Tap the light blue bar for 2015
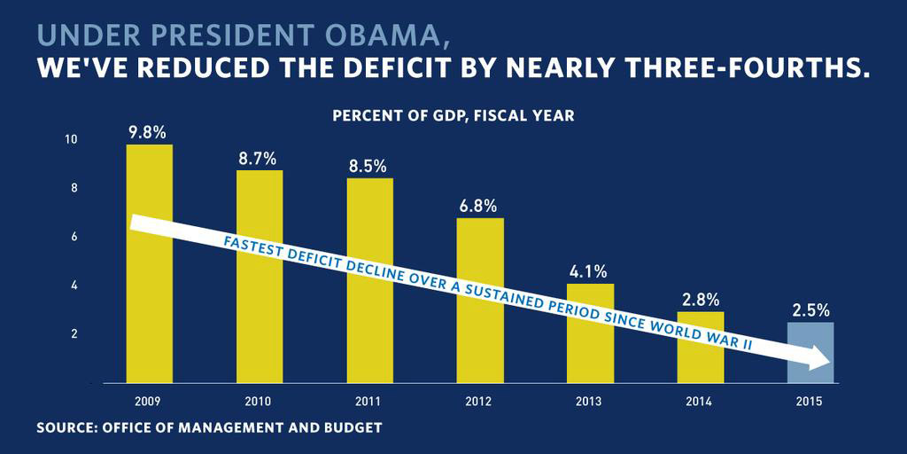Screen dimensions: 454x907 (x=810, y=337)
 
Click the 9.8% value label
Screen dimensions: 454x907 (x=148, y=132)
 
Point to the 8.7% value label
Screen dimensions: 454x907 (x=259, y=159)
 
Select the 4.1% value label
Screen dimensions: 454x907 (x=590, y=271)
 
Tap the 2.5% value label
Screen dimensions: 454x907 (x=810, y=310)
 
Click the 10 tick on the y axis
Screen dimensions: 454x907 (x=71, y=140)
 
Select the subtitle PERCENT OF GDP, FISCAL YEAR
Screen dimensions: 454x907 (x=453, y=116)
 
